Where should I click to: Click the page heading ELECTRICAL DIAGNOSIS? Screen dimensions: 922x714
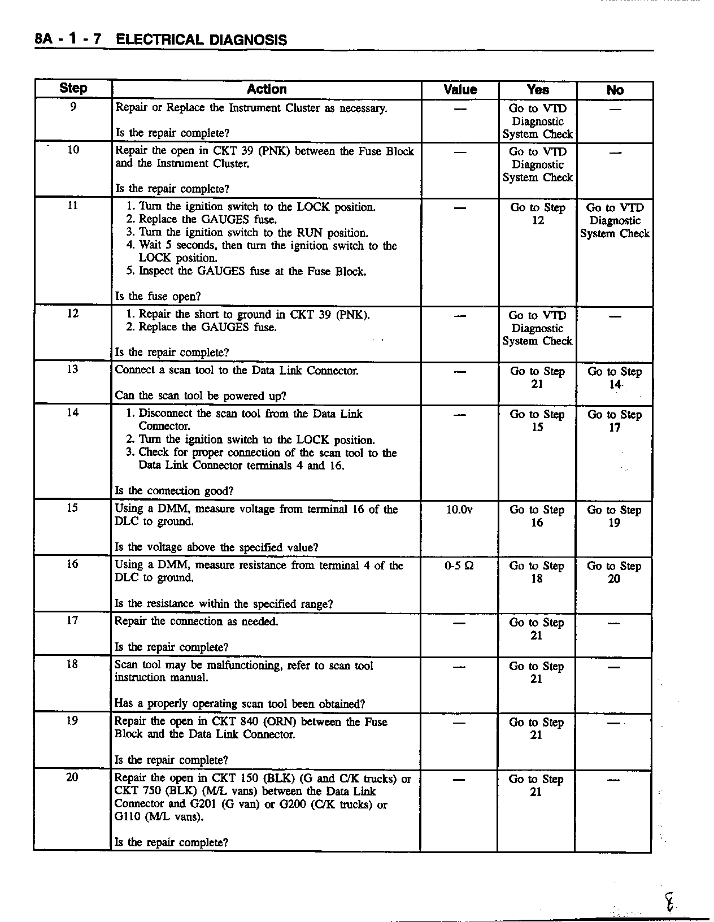click(201, 40)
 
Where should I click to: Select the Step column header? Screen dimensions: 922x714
click(73, 89)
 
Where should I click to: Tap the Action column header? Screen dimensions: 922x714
click(267, 89)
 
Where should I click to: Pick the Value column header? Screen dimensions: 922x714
click(460, 90)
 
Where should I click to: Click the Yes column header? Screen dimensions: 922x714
click(537, 90)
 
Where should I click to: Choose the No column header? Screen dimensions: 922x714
click(615, 90)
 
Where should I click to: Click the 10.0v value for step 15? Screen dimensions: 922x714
click(459, 510)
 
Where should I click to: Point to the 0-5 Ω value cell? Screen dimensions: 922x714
click(459, 566)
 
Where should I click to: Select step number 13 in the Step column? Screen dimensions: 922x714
click(73, 369)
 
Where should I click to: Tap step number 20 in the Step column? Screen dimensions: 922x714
click(72, 777)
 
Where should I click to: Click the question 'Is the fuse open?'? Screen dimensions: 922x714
click(158, 296)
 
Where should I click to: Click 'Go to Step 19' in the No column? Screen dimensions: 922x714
click(614, 516)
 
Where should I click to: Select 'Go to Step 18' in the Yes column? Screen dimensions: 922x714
click(537, 572)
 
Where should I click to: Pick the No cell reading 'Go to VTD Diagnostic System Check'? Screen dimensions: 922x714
click(615, 220)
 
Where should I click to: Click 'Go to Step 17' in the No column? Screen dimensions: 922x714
click(615, 421)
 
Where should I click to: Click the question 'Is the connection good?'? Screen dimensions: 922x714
click(174, 490)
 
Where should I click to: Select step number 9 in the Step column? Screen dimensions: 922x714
click(73, 106)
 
